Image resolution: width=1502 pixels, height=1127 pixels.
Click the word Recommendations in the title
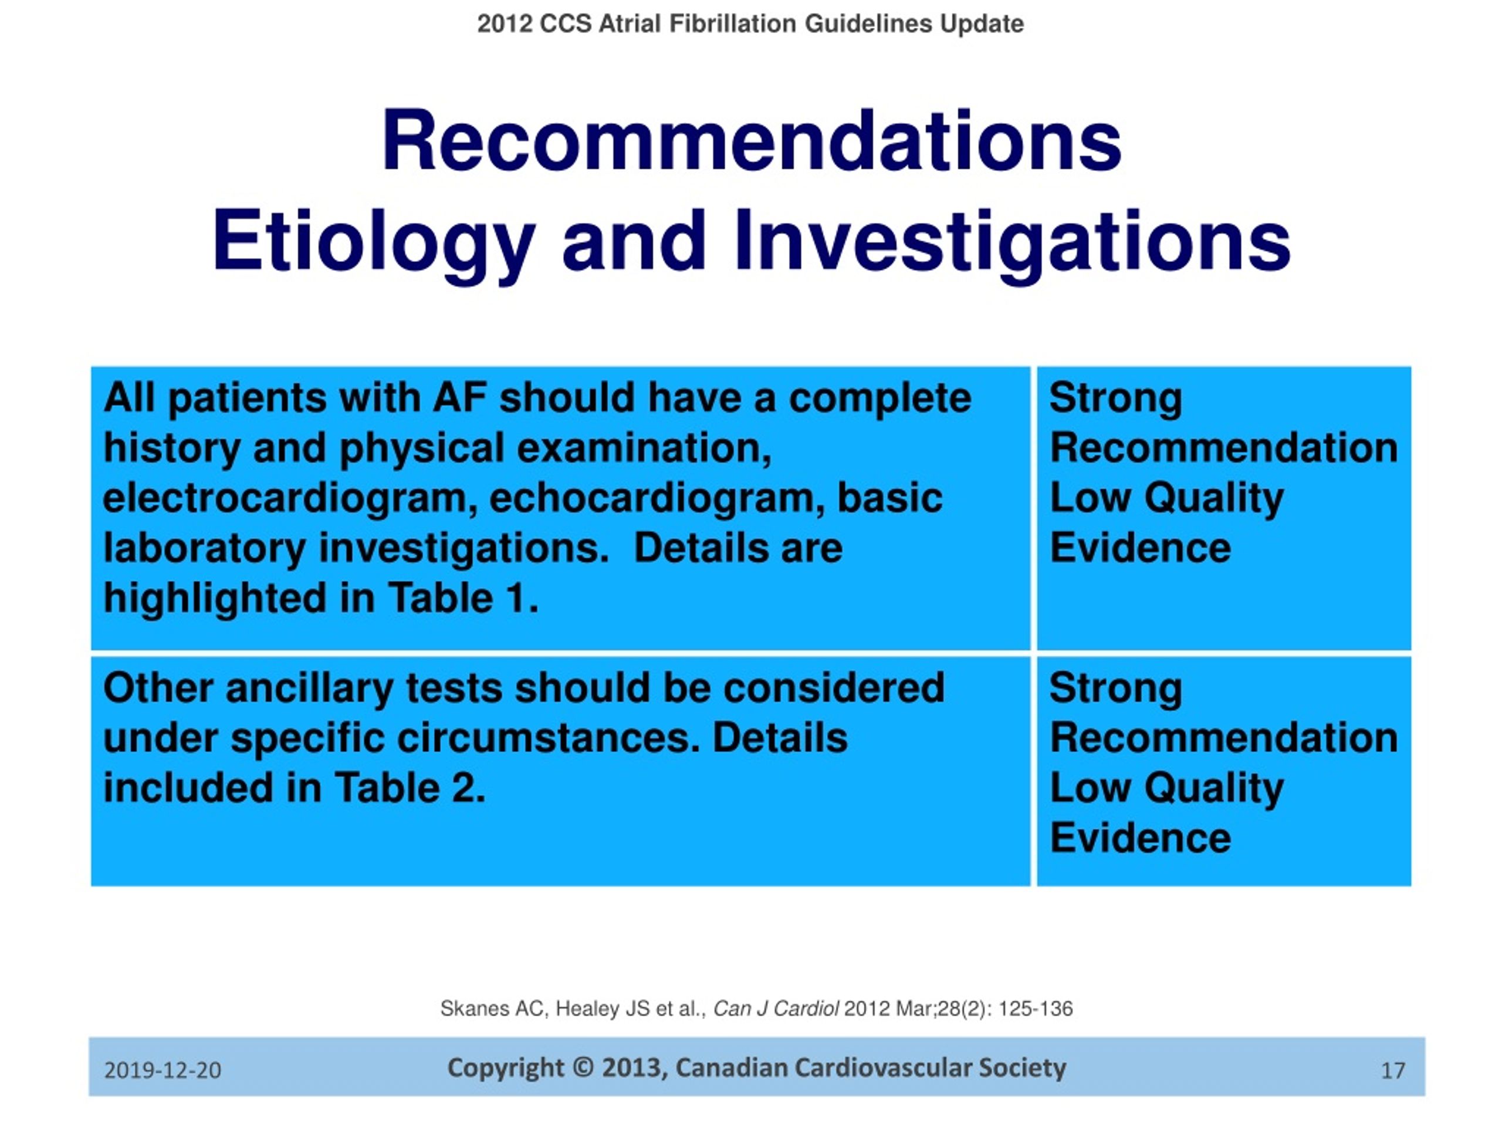[x=752, y=142]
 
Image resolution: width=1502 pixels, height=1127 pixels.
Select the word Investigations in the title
[x=1012, y=243]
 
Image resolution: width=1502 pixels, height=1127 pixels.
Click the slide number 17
[x=1393, y=1071]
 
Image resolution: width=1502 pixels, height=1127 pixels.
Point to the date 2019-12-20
[x=163, y=1071]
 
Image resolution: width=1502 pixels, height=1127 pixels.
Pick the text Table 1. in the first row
[x=464, y=599]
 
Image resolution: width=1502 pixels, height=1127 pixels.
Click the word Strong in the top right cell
[x=1115, y=399]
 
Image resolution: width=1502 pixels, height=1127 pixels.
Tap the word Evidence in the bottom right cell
[x=1140, y=838]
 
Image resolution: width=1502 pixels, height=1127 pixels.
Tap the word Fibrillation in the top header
[x=733, y=25]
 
